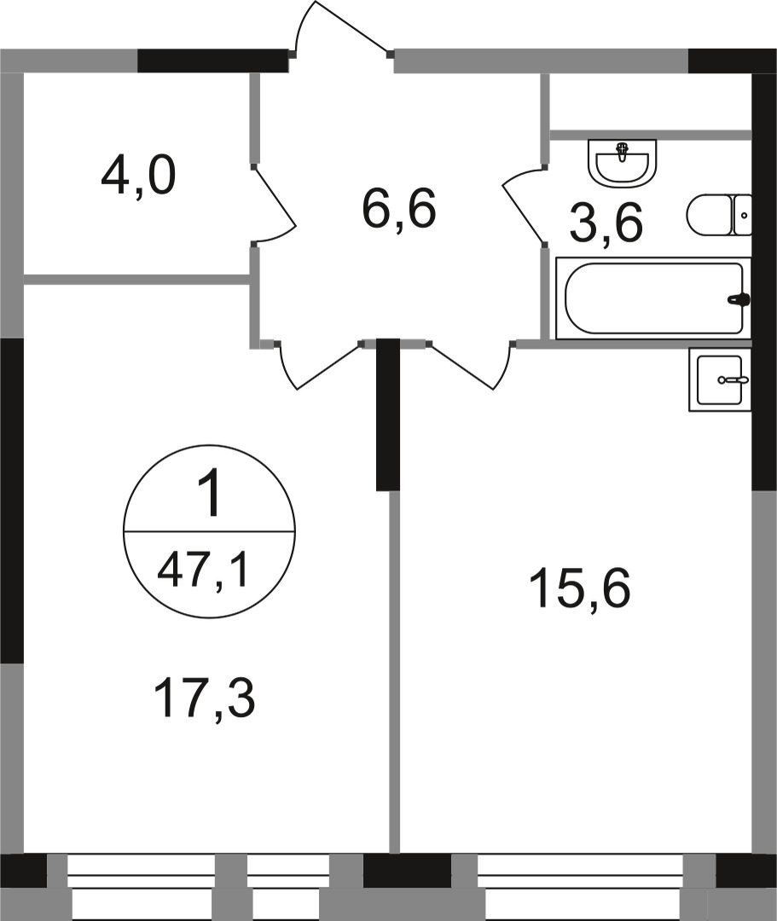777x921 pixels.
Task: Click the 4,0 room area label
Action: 138,177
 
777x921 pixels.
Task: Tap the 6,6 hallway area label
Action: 399,210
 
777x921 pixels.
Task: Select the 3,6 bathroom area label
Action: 606,225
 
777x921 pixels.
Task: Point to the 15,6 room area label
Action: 579,590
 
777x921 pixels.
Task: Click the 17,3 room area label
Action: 205,699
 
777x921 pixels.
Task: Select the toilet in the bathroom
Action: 718,215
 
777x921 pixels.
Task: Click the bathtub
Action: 652,299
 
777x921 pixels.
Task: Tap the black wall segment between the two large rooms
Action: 388,414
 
